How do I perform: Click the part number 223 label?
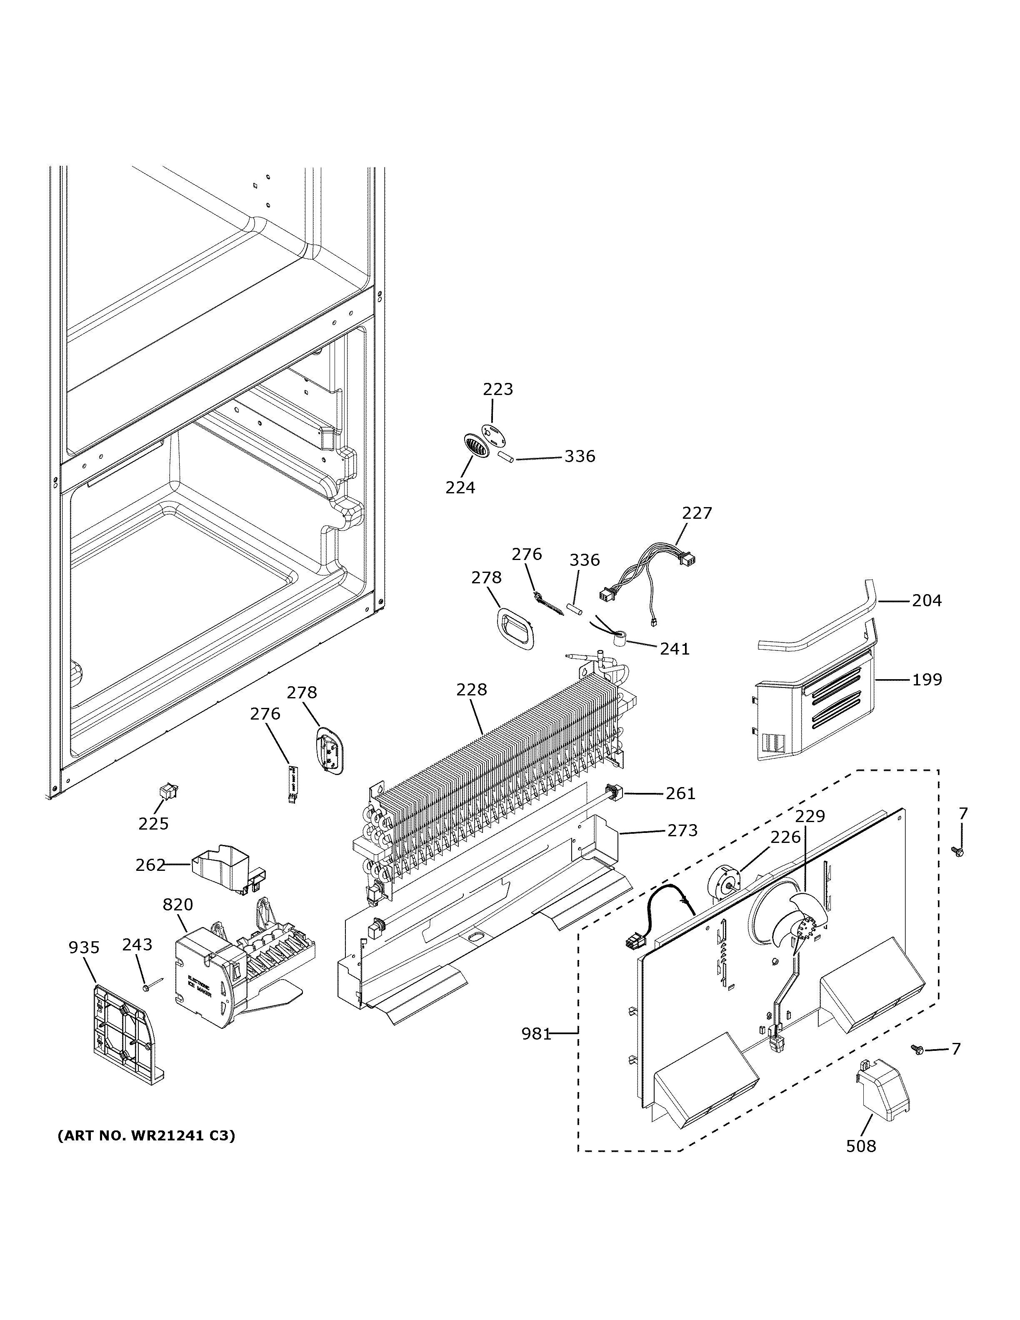tap(497, 389)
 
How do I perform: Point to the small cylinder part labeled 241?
tap(619, 640)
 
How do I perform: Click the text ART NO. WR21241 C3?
tap(146, 1136)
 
